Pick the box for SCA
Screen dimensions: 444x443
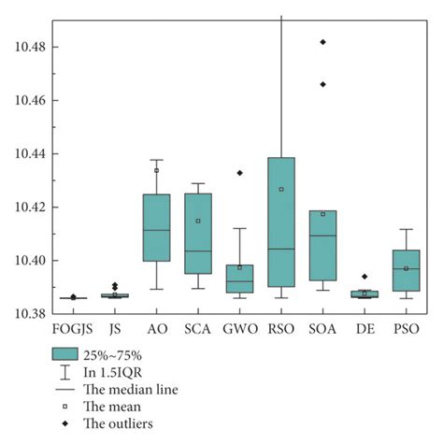pyautogui.click(x=197, y=234)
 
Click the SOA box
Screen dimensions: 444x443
pyautogui.click(x=322, y=245)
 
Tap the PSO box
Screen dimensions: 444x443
pyautogui.click(x=406, y=270)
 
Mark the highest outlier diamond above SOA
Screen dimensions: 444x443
pyautogui.click(x=322, y=42)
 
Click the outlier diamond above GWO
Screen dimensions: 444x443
pyautogui.click(x=239, y=173)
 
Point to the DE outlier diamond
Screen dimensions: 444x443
pyautogui.click(x=364, y=277)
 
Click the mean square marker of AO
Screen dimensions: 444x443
pyautogui.click(x=156, y=170)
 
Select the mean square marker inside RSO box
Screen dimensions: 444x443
pyautogui.click(x=280, y=189)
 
